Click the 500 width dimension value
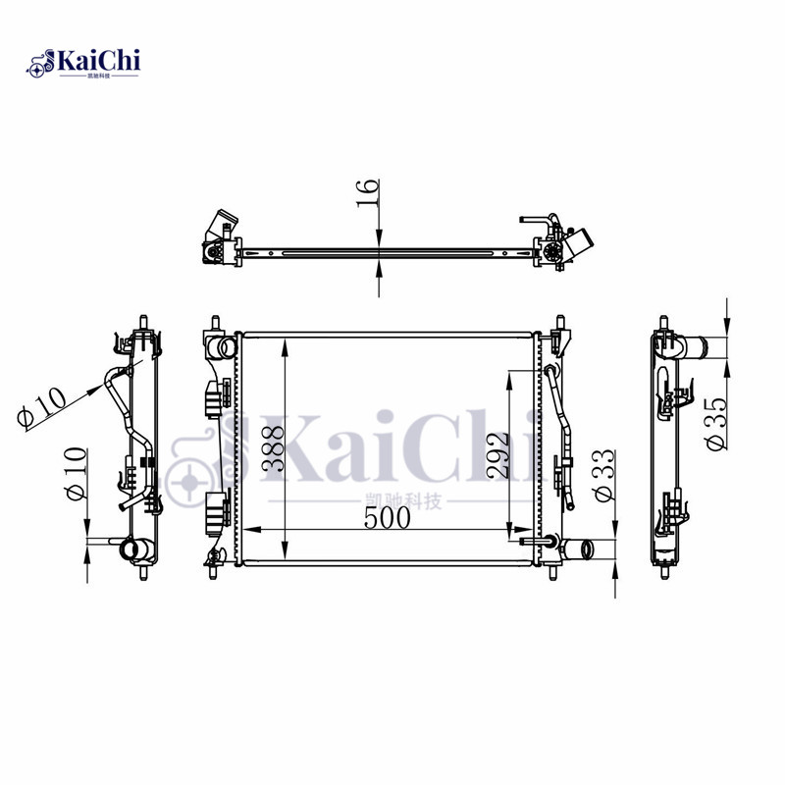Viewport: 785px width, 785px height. tap(387, 518)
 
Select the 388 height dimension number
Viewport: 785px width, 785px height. tap(274, 448)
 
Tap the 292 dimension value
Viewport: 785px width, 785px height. tap(497, 455)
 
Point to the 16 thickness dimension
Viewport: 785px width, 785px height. tap(367, 192)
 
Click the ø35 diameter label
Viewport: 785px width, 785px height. tap(715, 424)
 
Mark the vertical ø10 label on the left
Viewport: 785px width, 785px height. tap(76, 473)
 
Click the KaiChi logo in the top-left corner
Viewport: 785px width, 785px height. tap(83, 63)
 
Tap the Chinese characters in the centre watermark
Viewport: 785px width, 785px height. tap(403, 501)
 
